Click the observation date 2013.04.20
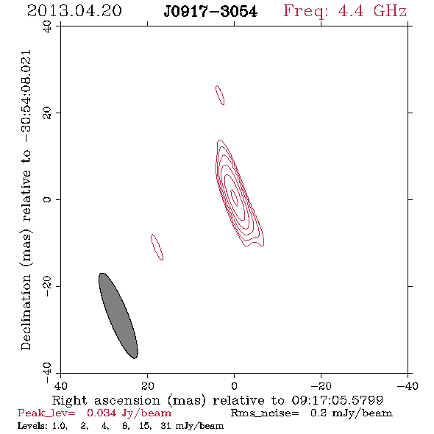click(74, 11)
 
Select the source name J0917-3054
click(210, 12)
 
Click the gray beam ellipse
click(118, 316)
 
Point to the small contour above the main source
click(220, 95)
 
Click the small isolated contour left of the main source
click(157, 247)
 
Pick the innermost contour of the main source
click(235, 198)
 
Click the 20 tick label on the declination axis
click(47, 113)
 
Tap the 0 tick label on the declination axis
click(47, 199)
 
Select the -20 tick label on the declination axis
click(47, 286)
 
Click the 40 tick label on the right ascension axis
click(61, 385)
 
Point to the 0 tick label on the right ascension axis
click(234, 385)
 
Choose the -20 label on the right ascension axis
click(321, 385)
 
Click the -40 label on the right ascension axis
click(408, 385)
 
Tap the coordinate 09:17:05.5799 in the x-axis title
click(337, 400)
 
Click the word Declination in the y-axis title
click(26, 312)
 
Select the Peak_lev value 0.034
click(102, 413)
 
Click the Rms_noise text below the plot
click(265, 413)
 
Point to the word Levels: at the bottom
click(32, 425)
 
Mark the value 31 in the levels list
click(166, 425)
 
